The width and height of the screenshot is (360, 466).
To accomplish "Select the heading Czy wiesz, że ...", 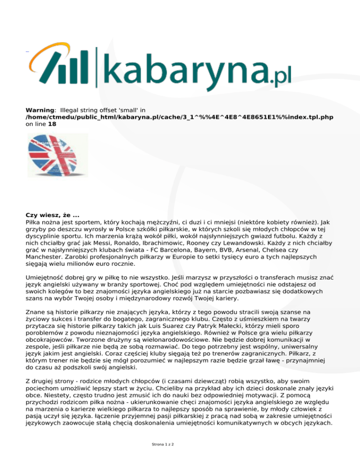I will pos(52,215).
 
